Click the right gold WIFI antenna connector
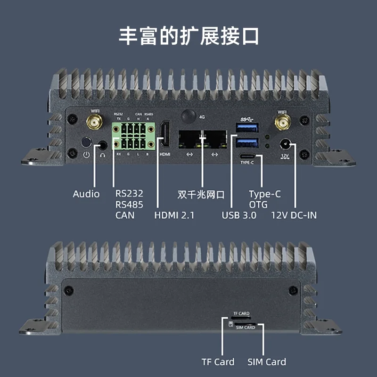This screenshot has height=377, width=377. click(x=282, y=124)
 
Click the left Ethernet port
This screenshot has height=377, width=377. click(x=190, y=138)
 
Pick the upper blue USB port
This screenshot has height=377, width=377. click(x=248, y=127)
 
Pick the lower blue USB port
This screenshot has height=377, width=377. click(x=248, y=143)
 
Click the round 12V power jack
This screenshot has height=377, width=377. click(x=285, y=144)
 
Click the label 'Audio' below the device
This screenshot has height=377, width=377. click(x=86, y=194)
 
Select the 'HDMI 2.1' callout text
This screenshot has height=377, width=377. click(x=174, y=215)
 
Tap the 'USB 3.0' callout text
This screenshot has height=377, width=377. click(x=239, y=215)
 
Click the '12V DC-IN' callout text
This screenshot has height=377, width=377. click(x=294, y=215)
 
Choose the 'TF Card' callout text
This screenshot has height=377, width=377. click(x=218, y=362)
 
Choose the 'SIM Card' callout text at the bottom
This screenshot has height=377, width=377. click(x=267, y=362)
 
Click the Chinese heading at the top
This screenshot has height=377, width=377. click(x=188, y=36)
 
